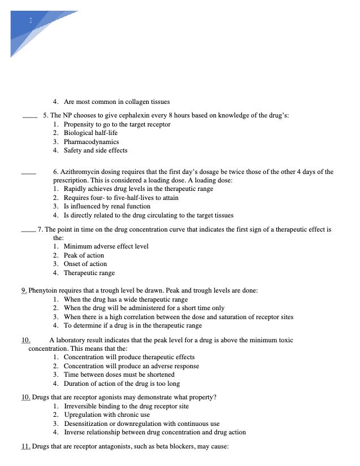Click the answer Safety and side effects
(95, 150)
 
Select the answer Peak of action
(84, 255)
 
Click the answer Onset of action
(85, 264)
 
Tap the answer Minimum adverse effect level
(106, 246)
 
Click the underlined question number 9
(24, 290)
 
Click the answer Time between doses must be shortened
(119, 374)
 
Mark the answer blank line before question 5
(29, 117)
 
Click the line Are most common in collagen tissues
(116, 102)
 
